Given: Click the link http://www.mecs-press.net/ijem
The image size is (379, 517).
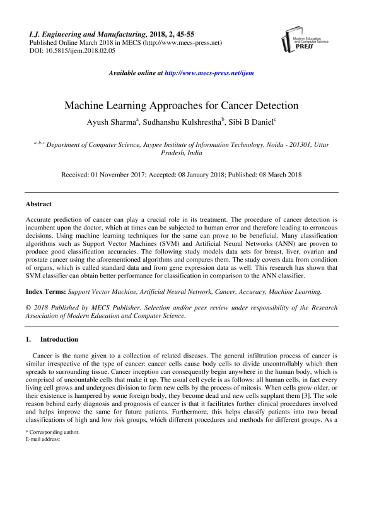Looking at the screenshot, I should point(208,73).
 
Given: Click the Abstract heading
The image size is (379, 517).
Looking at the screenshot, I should point(38,204).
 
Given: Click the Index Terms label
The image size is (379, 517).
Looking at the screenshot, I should point(45,291).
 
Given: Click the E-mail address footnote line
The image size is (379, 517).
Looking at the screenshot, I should point(42,458).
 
